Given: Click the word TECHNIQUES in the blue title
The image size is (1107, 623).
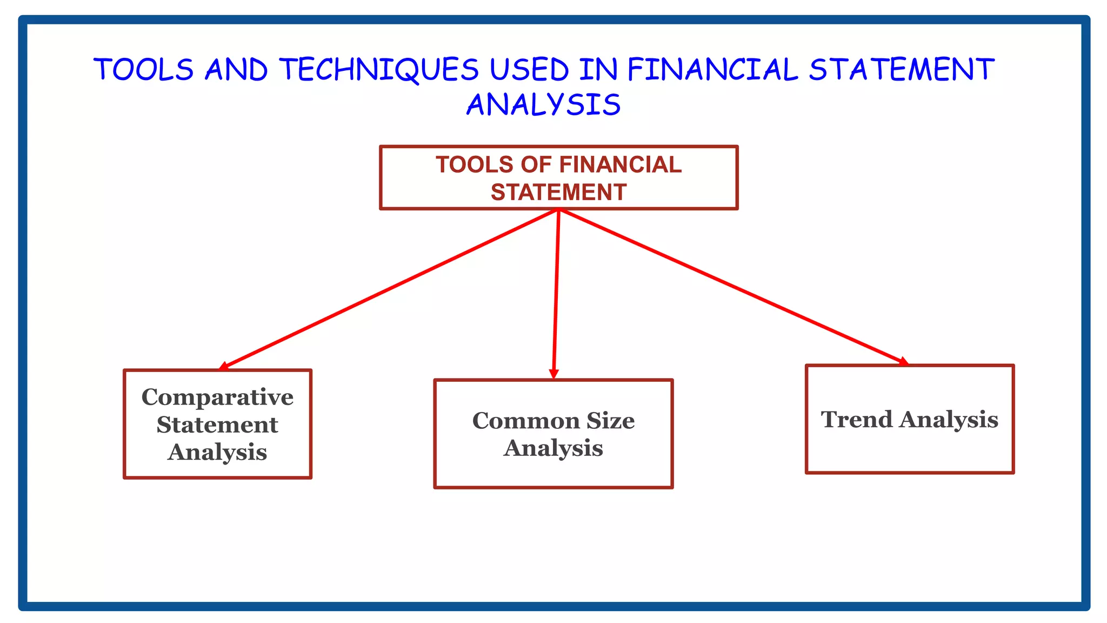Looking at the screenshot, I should coord(379,70).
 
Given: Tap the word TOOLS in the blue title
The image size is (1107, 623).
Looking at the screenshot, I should coord(143,70).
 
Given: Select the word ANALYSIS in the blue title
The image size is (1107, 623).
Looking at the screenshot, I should coord(544,105).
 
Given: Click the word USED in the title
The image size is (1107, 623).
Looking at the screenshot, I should coord(529,70).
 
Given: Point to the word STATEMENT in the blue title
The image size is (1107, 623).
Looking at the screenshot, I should coord(902,70).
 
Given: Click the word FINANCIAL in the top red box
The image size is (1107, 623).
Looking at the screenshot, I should coord(621,165).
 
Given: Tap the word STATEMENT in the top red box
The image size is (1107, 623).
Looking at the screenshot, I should coord(558,193).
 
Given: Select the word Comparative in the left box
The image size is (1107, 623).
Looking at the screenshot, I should coord(217,397).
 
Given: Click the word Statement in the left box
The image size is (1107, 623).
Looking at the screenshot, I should coord(217,425).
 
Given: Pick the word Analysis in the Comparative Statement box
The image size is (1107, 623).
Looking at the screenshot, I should coord(217,453).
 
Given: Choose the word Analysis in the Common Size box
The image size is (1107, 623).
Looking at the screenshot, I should coord(553,448).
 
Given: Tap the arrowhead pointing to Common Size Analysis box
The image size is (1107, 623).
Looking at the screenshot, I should coord(553,374).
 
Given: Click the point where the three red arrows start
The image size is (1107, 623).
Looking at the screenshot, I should coord(559,210).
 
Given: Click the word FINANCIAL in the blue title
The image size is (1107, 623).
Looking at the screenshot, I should coord(713,70).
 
